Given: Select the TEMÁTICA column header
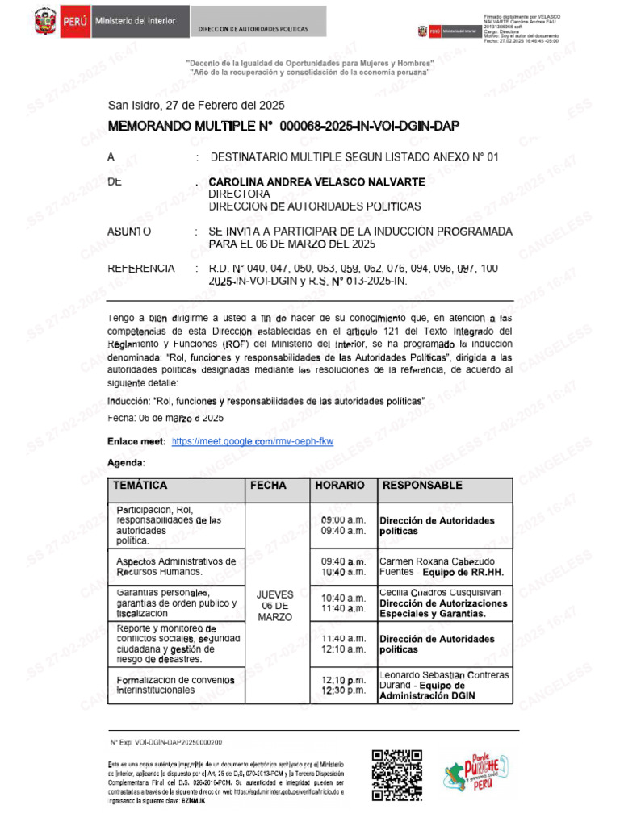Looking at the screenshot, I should coord(141,486).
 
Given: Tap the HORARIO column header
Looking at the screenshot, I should coord(340,486).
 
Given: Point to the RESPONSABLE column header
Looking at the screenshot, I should coord(422,486).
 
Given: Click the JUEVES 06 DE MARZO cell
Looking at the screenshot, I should coord(274,604).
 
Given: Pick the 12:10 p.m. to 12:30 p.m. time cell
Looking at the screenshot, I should coord(343,685).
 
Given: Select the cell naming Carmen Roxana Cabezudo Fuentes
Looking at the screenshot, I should coord(443,565).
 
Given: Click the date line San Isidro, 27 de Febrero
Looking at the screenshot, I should coord(196,105).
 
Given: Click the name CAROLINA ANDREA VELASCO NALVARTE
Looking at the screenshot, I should coord(316,182).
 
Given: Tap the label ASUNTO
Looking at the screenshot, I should coord(129,232).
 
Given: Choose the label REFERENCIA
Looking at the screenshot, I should coord(140,268).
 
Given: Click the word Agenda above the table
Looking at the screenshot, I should coord(126,463).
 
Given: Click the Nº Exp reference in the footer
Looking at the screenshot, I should coord(166,741).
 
